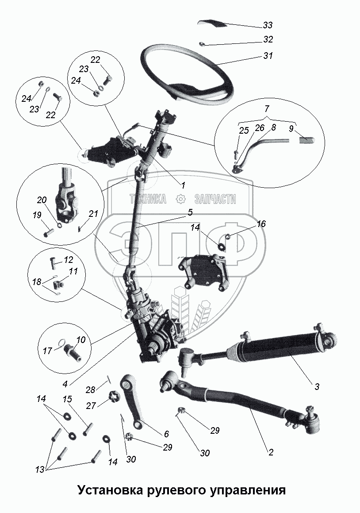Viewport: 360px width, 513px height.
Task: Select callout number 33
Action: point(268,25)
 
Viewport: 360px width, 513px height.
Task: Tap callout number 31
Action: point(268,56)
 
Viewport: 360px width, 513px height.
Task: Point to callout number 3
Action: point(317,386)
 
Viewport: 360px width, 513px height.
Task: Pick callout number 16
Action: point(261,224)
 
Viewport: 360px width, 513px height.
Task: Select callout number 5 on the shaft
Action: point(190,212)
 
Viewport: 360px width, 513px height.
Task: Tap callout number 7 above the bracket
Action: point(267,109)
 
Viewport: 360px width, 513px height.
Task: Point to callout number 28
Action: point(90,390)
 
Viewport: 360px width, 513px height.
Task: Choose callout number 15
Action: point(67,400)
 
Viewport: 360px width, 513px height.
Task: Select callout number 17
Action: point(48,350)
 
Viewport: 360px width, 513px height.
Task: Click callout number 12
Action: point(69,259)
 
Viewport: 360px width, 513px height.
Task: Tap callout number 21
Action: point(93,214)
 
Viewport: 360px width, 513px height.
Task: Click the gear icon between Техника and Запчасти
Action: point(180,199)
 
